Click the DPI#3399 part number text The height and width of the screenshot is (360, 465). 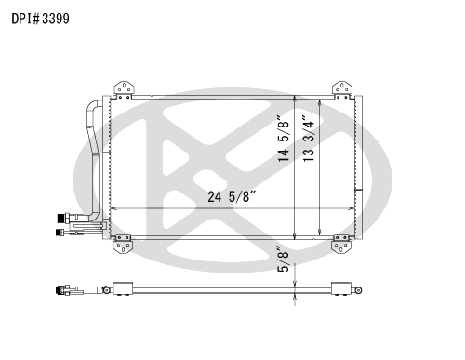[x=39, y=18]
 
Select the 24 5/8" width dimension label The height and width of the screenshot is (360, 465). [x=220, y=197]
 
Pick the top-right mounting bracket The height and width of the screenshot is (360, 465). [x=342, y=89]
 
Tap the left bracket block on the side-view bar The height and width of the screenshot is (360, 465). [x=120, y=289]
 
